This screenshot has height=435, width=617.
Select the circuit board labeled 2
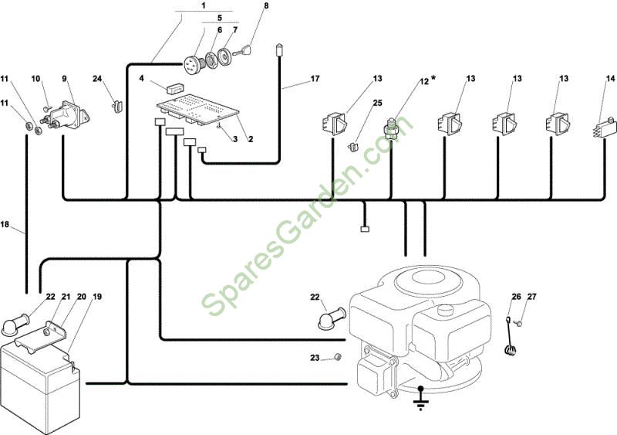click(x=198, y=110)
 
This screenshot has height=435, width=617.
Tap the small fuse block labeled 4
click(x=175, y=88)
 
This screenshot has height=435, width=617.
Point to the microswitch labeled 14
click(x=604, y=127)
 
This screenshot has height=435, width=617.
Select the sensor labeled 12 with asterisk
click(x=390, y=128)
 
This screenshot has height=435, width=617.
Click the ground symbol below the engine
click(x=421, y=398)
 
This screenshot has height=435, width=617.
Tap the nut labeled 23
click(x=337, y=357)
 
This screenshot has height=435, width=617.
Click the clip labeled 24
click(x=118, y=107)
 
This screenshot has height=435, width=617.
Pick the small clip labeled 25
click(x=352, y=148)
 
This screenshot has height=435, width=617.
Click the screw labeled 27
click(x=519, y=324)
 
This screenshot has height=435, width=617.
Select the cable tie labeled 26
click(x=510, y=337)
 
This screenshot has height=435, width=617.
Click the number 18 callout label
click(x=5, y=224)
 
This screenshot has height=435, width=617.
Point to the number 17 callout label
click(x=315, y=79)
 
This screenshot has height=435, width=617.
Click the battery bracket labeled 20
click(x=40, y=335)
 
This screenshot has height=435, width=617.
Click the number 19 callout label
click(x=96, y=296)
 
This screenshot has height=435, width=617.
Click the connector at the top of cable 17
click(x=279, y=49)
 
